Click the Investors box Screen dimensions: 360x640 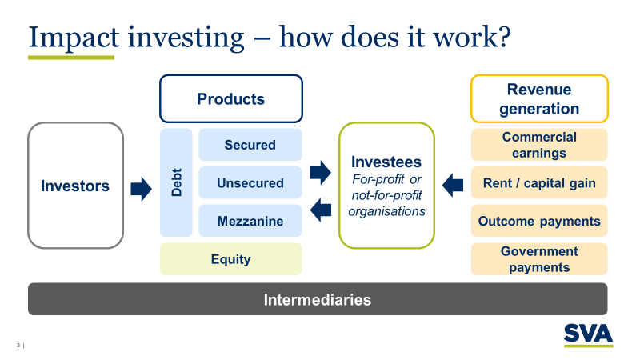pos(75,186)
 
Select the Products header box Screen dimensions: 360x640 pos(230,99)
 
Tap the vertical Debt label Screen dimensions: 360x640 pos(177,182)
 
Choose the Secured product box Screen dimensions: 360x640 pos(250,145)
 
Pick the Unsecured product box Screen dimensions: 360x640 pos(250,183)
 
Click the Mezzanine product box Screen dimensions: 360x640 pos(250,221)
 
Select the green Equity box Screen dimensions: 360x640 pos(230,259)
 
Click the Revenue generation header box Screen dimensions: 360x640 pos(538,99)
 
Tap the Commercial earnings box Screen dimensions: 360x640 pos(538,145)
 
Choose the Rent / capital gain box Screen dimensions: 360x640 pos(538,183)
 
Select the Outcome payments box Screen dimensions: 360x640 pos(538,221)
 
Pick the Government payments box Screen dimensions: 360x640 pos(538,259)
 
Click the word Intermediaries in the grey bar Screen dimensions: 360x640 pos(318,300)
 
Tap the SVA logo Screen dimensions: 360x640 pos(588,334)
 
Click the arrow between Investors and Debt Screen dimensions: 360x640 pos(141,189)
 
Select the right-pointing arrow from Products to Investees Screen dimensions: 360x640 pos(320,171)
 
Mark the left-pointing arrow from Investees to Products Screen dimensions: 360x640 pos(320,210)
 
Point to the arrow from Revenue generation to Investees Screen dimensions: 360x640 pos(453,185)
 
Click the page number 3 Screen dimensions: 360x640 pos(18,346)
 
